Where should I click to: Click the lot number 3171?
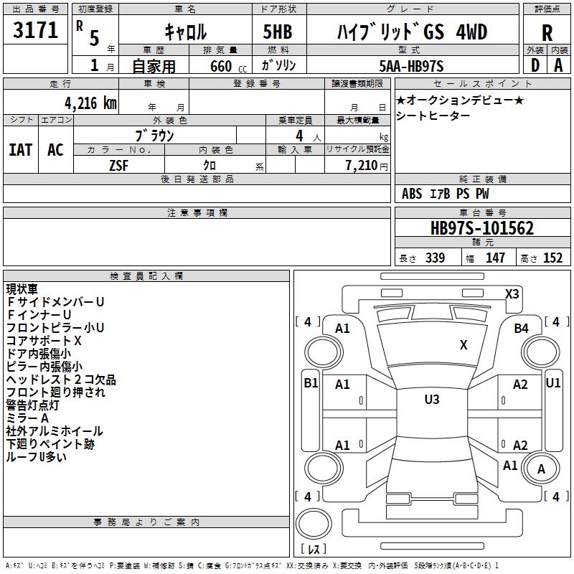tap(35, 31)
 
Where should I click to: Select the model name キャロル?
tap(185, 32)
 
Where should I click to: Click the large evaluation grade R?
tap(547, 33)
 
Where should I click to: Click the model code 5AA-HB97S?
tap(411, 66)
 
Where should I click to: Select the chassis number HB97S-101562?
tap(481, 228)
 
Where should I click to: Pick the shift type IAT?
tap(21, 150)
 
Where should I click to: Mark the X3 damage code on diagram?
tap(512, 293)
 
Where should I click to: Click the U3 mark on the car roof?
tap(431, 400)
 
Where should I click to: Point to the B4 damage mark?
tap(521, 328)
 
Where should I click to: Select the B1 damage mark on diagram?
tap(311, 383)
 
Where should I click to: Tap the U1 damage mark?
tap(553, 383)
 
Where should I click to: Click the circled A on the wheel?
tap(542, 469)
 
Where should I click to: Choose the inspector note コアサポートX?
tap(44, 341)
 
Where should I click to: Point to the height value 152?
tap(552, 258)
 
